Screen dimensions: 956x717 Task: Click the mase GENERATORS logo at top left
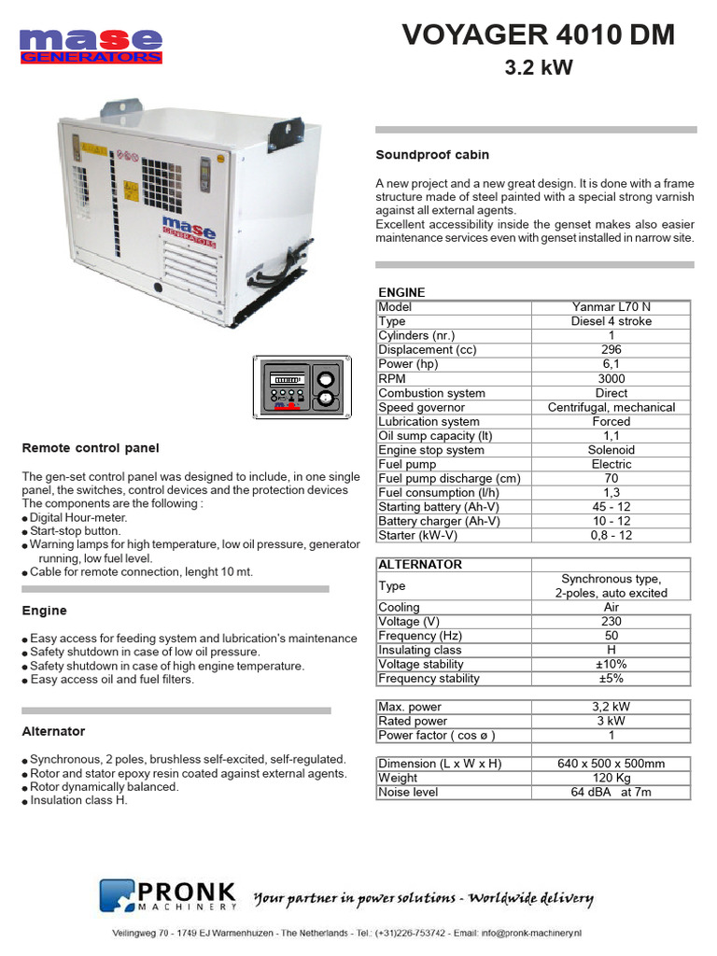click(x=91, y=46)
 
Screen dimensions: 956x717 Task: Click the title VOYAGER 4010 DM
click(x=538, y=35)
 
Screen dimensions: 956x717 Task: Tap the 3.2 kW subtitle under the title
click(x=538, y=67)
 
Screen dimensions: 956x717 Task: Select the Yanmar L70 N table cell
click(x=611, y=307)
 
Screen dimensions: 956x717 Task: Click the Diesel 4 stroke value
click(x=611, y=321)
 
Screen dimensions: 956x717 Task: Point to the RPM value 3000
click(x=611, y=379)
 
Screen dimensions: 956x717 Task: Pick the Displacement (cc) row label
click(x=428, y=350)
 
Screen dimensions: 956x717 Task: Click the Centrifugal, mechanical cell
click(x=611, y=407)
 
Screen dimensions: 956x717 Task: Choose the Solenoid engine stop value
click(x=611, y=450)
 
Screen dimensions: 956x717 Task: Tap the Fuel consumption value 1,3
click(x=611, y=493)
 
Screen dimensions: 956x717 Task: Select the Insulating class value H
click(x=611, y=650)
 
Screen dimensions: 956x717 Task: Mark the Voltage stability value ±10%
click(x=611, y=665)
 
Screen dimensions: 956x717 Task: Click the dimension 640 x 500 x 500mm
click(x=611, y=764)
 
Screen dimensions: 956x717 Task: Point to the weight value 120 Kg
click(x=611, y=778)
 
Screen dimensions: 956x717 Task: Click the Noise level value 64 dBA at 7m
click(x=611, y=793)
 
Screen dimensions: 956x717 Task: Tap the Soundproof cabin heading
click(x=432, y=155)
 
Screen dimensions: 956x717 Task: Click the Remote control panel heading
click(x=91, y=448)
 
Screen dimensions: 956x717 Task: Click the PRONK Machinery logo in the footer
click(x=169, y=895)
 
